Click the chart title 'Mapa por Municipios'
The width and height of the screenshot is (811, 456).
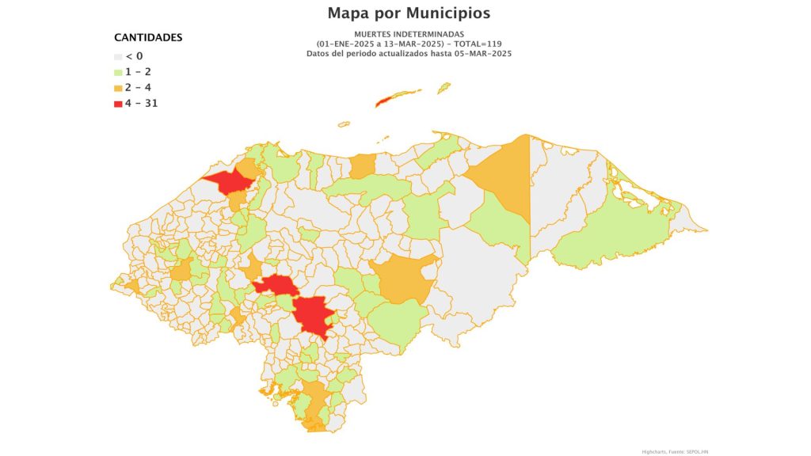[x=409, y=13]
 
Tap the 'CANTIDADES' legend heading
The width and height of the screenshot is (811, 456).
[x=148, y=37]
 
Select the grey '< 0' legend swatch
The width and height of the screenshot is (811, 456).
[x=118, y=56]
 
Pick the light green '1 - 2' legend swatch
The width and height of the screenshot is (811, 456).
[x=118, y=72]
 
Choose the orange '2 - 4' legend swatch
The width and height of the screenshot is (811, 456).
[x=118, y=88]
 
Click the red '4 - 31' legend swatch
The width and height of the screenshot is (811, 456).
[x=118, y=104]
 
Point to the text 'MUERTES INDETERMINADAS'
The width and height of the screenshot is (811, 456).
[x=409, y=34]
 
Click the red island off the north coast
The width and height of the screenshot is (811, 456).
[x=388, y=101]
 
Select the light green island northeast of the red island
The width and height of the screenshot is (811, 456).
[x=444, y=87]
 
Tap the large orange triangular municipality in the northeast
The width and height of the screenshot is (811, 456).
[x=507, y=178]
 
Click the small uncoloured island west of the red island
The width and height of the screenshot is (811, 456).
[x=344, y=123]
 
